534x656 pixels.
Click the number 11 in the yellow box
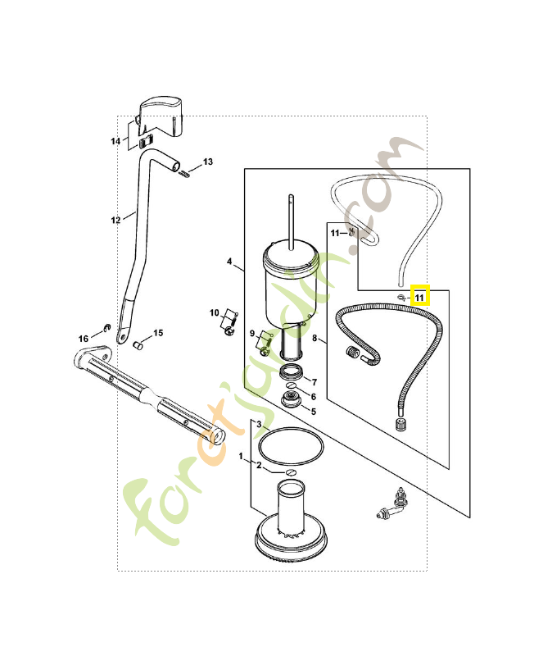pyautogui.click(x=419, y=298)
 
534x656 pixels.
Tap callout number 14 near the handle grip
pyautogui.click(x=115, y=141)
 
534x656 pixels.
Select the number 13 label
pyautogui.click(x=208, y=162)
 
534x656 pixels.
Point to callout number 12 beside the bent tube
pyautogui.click(x=115, y=220)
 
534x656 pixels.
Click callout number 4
pyautogui.click(x=229, y=262)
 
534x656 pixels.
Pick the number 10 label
pyautogui.click(x=215, y=313)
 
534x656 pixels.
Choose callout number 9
pyautogui.click(x=252, y=334)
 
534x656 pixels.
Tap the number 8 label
pyautogui.click(x=315, y=338)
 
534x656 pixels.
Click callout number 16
pyautogui.click(x=84, y=339)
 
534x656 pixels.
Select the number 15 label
pyautogui.click(x=158, y=333)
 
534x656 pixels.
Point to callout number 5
pyautogui.click(x=314, y=412)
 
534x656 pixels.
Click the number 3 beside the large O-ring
pyautogui.click(x=259, y=424)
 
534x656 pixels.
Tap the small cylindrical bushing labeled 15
pyautogui.click(x=138, y=345)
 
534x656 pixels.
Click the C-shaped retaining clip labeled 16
pyautogui.click(x=106, y=326)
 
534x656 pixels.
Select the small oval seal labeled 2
pyautogui.click(x=291, y=472)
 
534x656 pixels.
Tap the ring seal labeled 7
pyautogui.click(x=292, y=371)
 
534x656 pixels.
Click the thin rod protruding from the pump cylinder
pyautogui.click(x=292, y=221)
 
